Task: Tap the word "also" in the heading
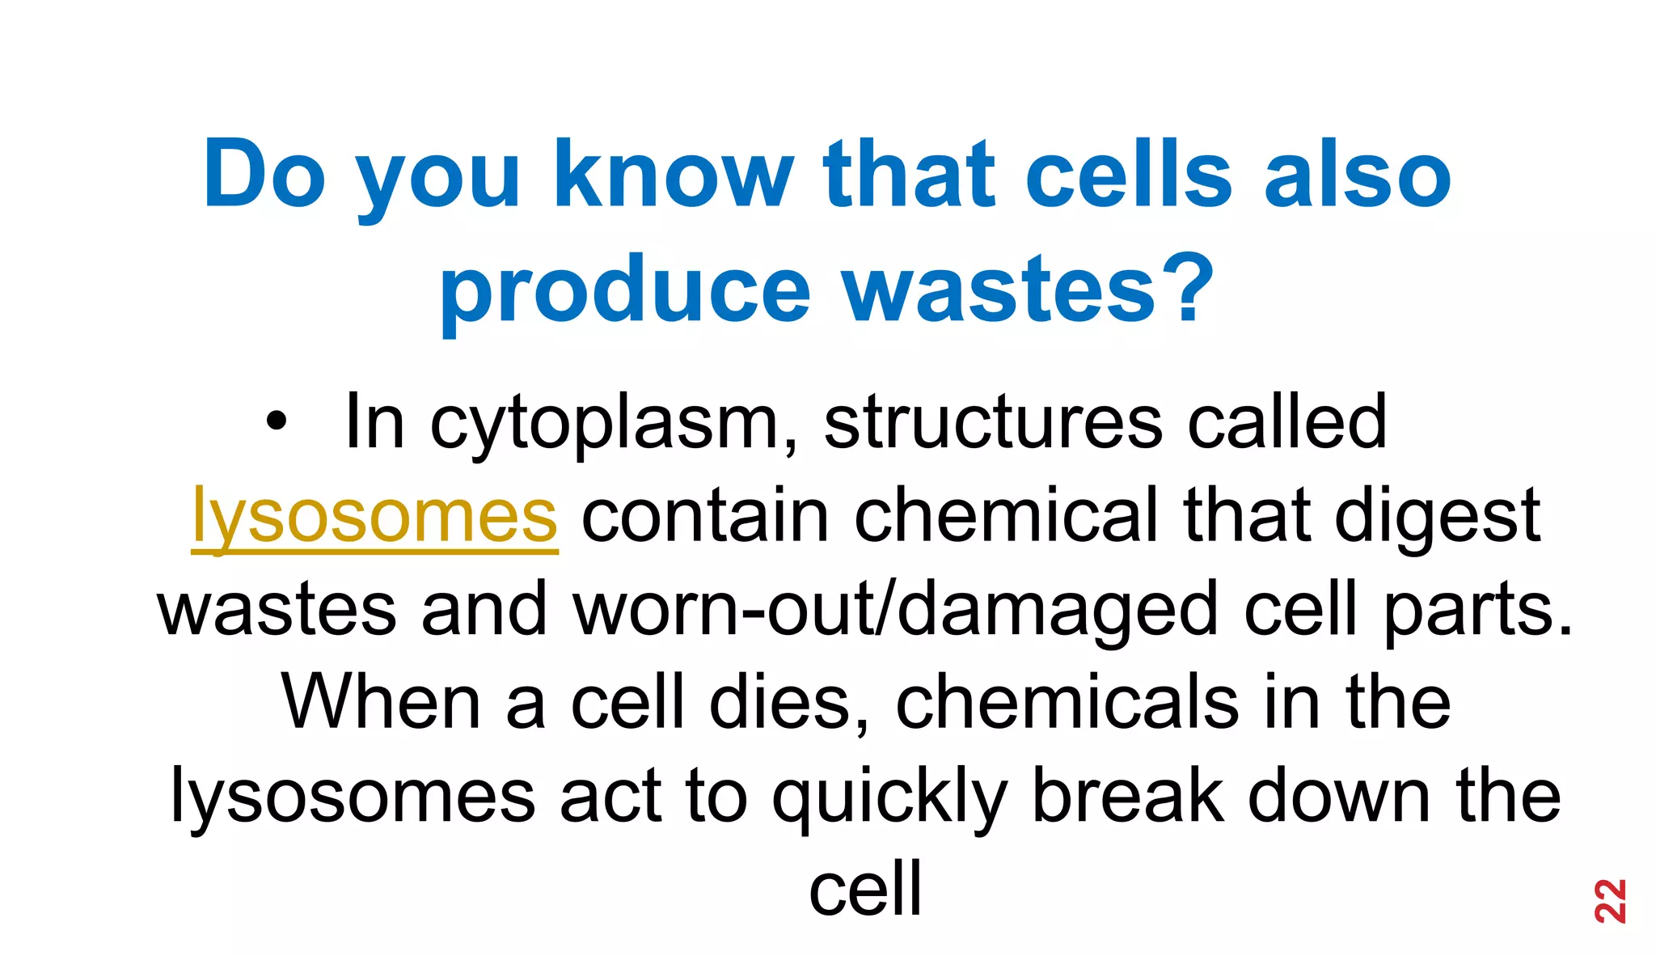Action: (x=1358, y=175)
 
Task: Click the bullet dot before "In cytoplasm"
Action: (x=276, y=421)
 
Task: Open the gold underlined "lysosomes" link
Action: (x=374, y=516)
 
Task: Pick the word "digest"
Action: (x=1438, y=516)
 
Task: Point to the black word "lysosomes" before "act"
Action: (x=353, y=796)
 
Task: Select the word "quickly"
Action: (x=889, y=796)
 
